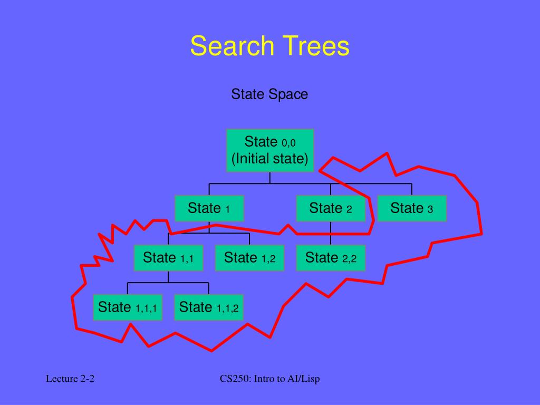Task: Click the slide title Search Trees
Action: [269, 46]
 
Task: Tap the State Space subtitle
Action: [269, 94]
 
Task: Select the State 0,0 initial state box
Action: [270, 150]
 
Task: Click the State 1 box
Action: [209, 208]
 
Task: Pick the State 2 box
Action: [331, 208]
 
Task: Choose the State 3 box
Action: [412, 208]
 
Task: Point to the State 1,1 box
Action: [168, 258]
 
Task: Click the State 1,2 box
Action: [249, 258]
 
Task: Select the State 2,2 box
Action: [331, 258]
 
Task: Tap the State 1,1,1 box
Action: [128, 307]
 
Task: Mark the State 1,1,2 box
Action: [209, 307]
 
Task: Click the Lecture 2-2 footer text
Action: [70, 379]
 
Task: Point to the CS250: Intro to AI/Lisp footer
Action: [270, 379]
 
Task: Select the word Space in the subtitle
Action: [288, 94]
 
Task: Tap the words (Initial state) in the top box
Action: [270, 158]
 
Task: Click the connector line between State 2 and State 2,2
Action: [331, 234]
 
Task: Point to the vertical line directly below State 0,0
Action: [270, 178]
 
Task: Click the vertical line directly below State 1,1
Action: [168, 277]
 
